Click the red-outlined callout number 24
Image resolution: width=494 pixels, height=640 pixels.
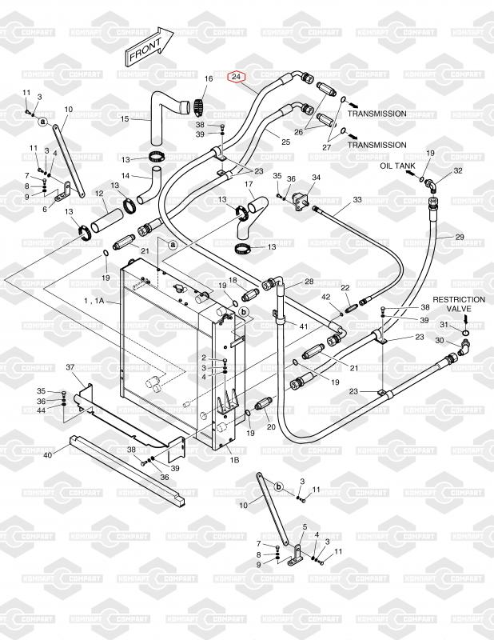point(236,77)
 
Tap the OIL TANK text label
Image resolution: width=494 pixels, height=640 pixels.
point(398,166)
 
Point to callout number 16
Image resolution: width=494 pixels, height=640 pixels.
point(209,78)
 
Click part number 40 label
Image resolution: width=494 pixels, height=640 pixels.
point(48,454)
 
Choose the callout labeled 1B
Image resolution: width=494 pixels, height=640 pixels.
point(234,460)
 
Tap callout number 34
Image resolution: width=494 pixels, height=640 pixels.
point(316,178)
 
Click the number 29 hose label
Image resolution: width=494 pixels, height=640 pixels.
point(460,237)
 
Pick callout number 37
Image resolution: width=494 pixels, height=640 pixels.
point(70,367)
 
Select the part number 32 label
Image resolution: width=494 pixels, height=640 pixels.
point(458,170)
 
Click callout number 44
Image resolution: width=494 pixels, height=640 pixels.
point(42,410)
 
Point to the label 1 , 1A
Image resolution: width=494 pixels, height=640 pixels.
point(94,301)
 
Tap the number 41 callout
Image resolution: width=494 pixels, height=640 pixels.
point(303,326)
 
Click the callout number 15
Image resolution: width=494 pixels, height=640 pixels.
point(125,118)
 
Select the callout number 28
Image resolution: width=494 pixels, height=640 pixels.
point(309,282)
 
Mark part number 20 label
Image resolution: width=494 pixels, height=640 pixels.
point(271,427)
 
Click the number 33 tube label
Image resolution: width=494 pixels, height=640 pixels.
point(357,199)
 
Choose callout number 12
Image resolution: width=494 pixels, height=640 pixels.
point(99,193)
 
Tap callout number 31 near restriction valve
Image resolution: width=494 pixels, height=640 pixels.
point(444,324)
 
